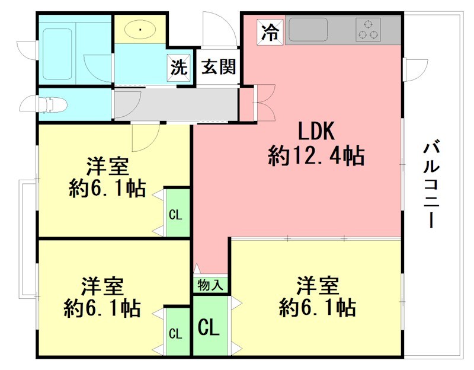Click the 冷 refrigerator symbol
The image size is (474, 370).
(x=270, y=31)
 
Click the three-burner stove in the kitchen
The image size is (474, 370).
(x=368, y=30)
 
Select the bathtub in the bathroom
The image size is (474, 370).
(x=57, y=51)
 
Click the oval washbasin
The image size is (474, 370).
(x=141, y=29)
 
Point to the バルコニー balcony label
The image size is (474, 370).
(x=433, y=184)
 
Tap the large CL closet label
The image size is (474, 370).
(x=209, y=326)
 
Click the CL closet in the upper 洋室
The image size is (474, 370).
(x=175, y=214)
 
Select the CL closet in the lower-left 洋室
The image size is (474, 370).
(x=175, y=333)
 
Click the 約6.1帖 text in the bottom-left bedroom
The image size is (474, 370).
(x=103, y=309)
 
